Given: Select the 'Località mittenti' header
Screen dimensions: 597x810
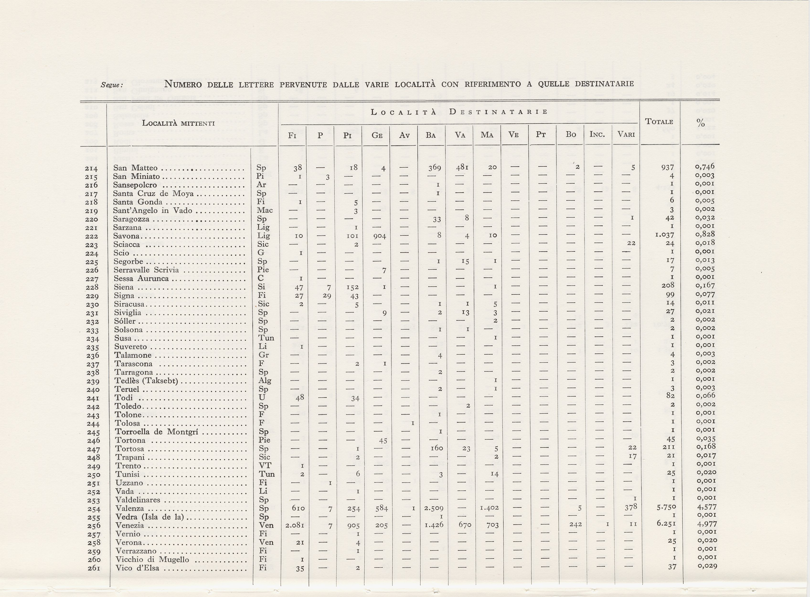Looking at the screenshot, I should pos(178,123).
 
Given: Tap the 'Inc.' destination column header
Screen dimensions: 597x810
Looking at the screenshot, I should pos(597,135).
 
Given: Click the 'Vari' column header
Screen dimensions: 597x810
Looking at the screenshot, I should pos(626,135).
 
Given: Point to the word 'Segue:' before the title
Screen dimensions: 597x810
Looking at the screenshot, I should pos(112,85).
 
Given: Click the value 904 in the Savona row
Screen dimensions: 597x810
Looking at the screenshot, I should pos(380,236).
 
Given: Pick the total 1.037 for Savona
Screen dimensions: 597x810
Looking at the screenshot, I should pos(664,235).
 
